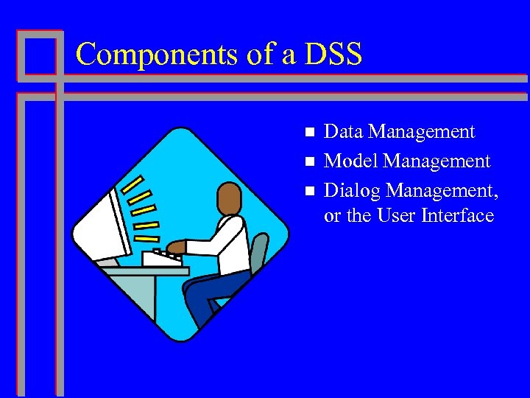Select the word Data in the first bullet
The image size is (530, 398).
click(344, 132)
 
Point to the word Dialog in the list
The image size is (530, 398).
click(352, 191)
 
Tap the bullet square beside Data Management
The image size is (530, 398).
click(309, 133)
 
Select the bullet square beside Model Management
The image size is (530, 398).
click(309, 161)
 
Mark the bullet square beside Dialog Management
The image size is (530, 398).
click(309, 191)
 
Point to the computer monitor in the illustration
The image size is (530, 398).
click(103, 221)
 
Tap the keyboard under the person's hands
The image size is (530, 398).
click(163, 258)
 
